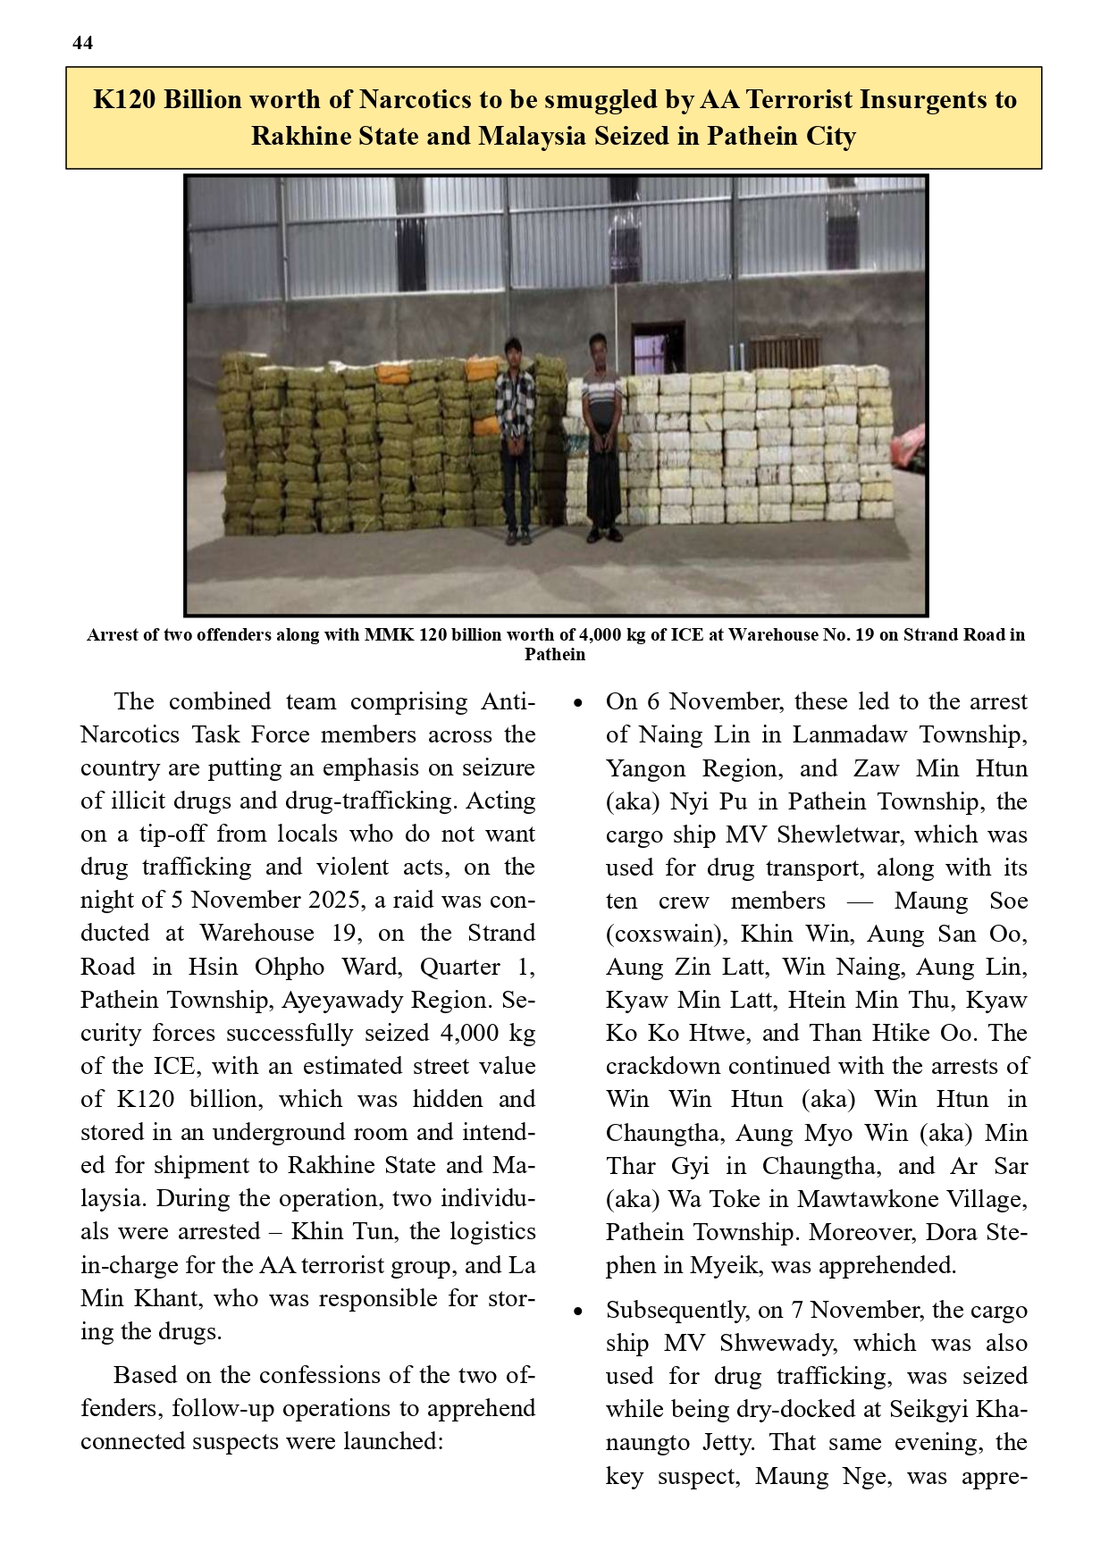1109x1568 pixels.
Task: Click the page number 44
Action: coord(82,43)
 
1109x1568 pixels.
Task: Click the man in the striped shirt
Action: coord(601,438)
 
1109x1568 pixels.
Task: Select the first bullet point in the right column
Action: coord(579,703)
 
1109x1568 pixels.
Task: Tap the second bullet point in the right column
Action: coord(579,1312)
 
